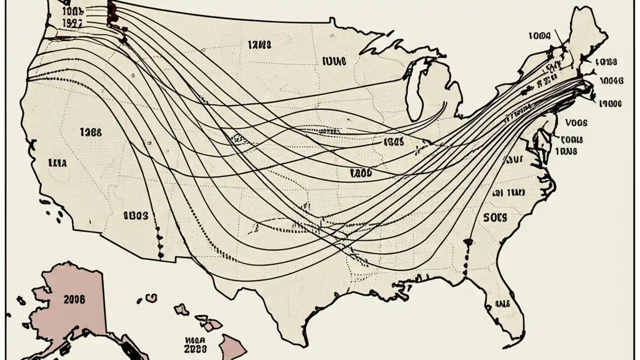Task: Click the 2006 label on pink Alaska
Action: pos(75,299)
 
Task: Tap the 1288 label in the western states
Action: pos(90,132)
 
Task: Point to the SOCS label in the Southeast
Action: pos(495,217)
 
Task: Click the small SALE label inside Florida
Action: pos(501,303)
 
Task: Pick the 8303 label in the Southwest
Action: pos(135,215)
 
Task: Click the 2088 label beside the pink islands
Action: pos(195,349)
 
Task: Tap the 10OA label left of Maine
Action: pos(539,35)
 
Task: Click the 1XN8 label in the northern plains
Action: pos(259,45)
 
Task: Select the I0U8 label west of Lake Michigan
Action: pos(334,61)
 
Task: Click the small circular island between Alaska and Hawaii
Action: pos(151,298)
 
